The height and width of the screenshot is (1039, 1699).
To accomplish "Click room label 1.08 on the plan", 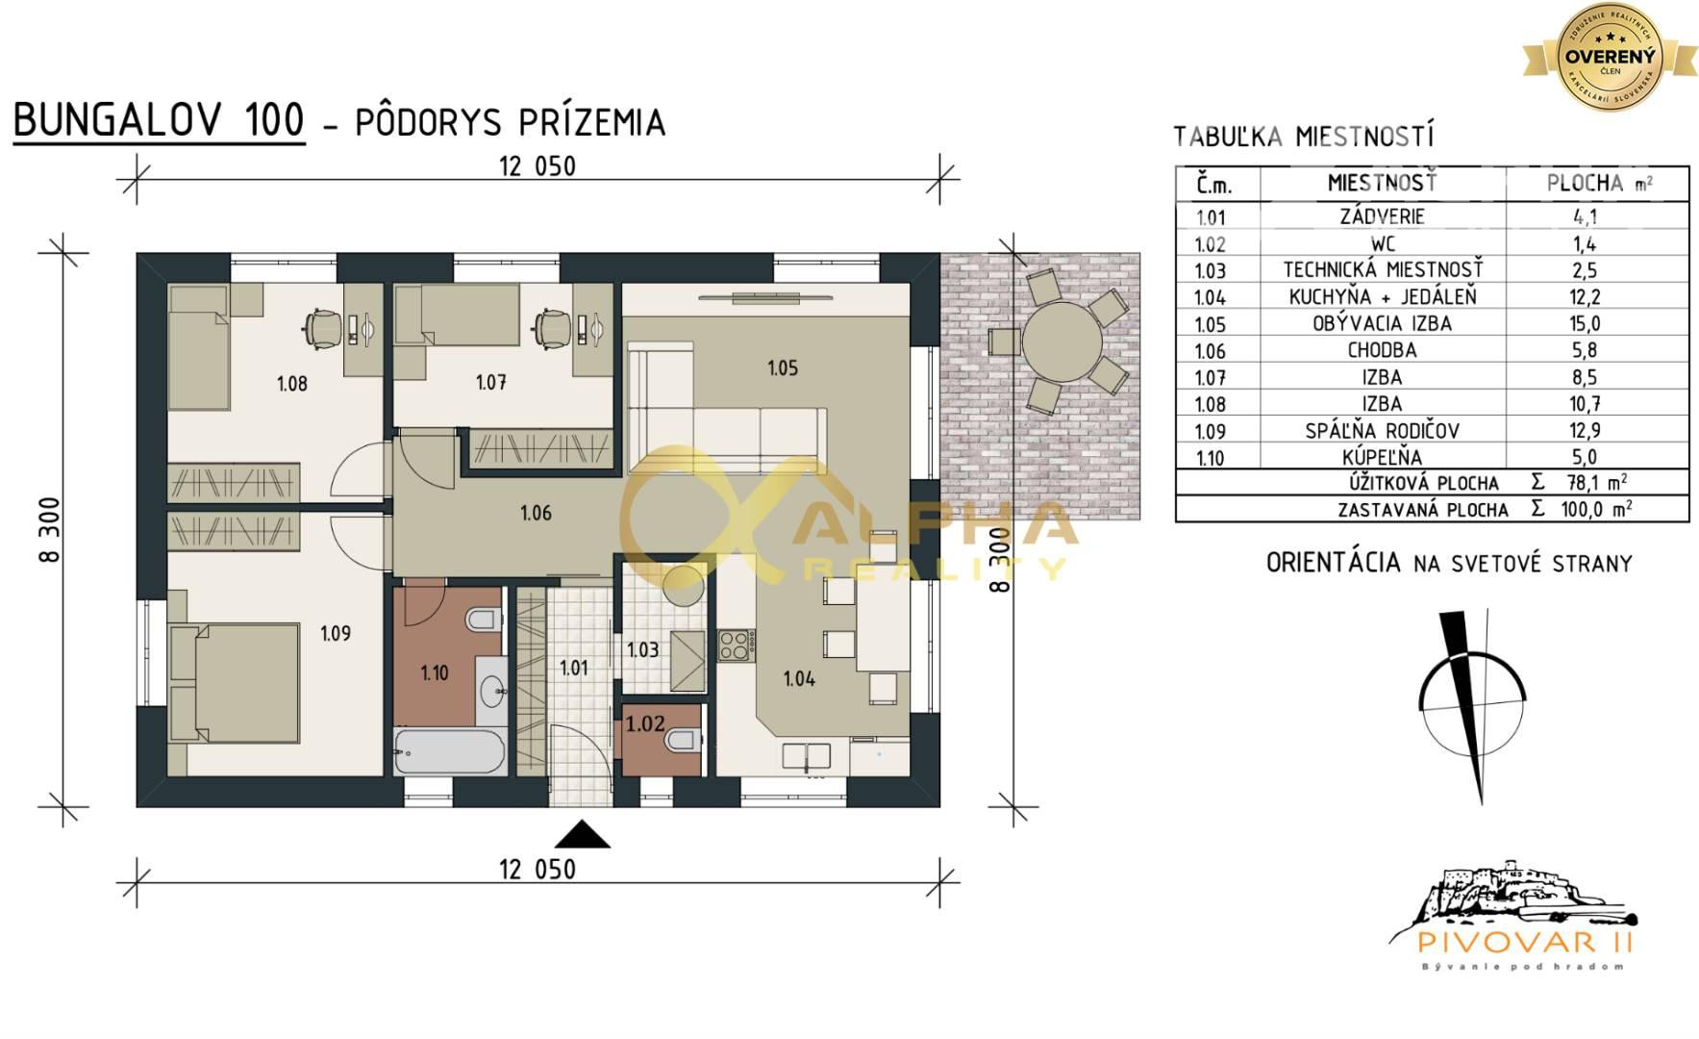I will tap(291, 384).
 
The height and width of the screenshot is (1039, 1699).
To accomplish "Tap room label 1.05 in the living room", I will tap(782, 367).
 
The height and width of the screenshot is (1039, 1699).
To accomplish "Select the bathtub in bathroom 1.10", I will tap(449, 751).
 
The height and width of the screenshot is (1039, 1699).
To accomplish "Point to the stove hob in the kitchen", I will tap(736, 645).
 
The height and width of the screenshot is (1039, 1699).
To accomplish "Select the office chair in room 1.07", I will tap(552, 327).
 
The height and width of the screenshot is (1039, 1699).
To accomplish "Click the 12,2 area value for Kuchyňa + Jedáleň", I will tap(1584, 297).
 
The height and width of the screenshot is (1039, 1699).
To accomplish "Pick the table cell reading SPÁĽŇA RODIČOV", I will tap(1382, 431).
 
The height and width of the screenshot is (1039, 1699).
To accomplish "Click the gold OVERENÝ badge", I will tap(1610, 55).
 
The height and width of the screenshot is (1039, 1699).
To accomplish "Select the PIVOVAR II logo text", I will tap(1514, 939).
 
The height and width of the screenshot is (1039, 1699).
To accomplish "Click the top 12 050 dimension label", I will tap(537, 166).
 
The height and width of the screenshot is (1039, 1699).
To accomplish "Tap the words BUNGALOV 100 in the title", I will tap(159, 121).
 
